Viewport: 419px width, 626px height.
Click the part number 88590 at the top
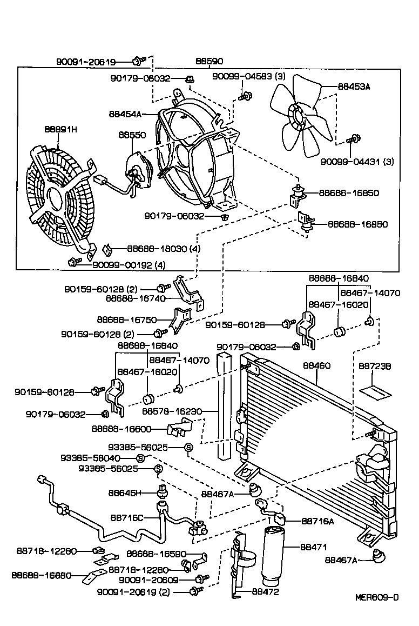(x=209, y=62)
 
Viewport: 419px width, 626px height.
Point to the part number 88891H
(x=61, y=129)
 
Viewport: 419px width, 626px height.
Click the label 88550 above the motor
(x=132, y=135)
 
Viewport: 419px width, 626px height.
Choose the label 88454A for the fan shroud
(x=125, y=114)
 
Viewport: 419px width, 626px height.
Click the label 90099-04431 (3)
(x=357, y=161)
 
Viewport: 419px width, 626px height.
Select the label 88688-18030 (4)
(x=164, y=249)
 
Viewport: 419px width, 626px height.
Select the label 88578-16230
(x=172, y=411)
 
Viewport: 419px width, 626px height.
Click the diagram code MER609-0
(x=377, y=597)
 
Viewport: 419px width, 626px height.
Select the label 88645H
(x=125, y=492)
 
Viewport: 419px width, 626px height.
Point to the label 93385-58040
(x=105, y=457)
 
